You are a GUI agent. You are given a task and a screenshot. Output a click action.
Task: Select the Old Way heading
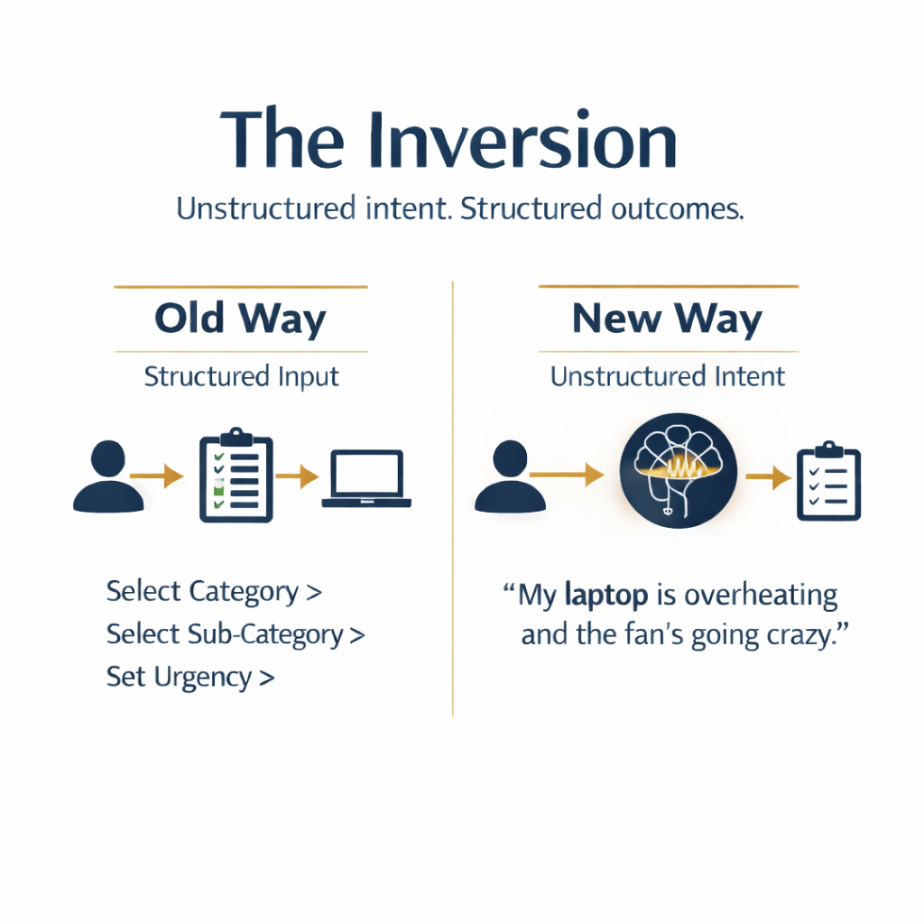click(x=240, y=319)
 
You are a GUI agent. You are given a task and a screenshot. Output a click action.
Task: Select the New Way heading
click(x=668, y=319)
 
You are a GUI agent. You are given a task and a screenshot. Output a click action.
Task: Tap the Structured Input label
click(x=241, y=376)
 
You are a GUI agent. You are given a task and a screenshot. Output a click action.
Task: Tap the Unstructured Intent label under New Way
click(x=668, y=376)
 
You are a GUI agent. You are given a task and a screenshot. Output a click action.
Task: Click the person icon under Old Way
click(x=107, y=476)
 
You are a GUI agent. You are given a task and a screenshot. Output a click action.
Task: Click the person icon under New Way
click(x=509, y=476)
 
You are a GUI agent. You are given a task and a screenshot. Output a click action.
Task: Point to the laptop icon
click(x=366, y=478)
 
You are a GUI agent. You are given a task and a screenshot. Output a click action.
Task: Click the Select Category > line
click(x=214, y=592)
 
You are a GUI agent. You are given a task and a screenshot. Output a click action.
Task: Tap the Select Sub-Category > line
click(x=236, y=634)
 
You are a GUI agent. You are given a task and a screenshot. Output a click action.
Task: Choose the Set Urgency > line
click(x=189, y=677)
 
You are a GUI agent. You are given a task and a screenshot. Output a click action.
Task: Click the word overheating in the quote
click(x=762, y=596)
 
